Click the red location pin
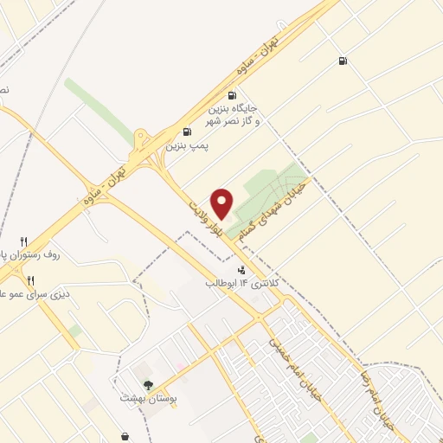222,202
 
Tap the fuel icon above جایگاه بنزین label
231,96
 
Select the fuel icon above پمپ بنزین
188,133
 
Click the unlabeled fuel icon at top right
343,61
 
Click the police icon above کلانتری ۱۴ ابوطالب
228,270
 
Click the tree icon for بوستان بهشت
148,386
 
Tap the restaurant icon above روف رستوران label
23,241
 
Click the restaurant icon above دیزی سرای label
30,279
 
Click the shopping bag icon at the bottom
127,435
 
